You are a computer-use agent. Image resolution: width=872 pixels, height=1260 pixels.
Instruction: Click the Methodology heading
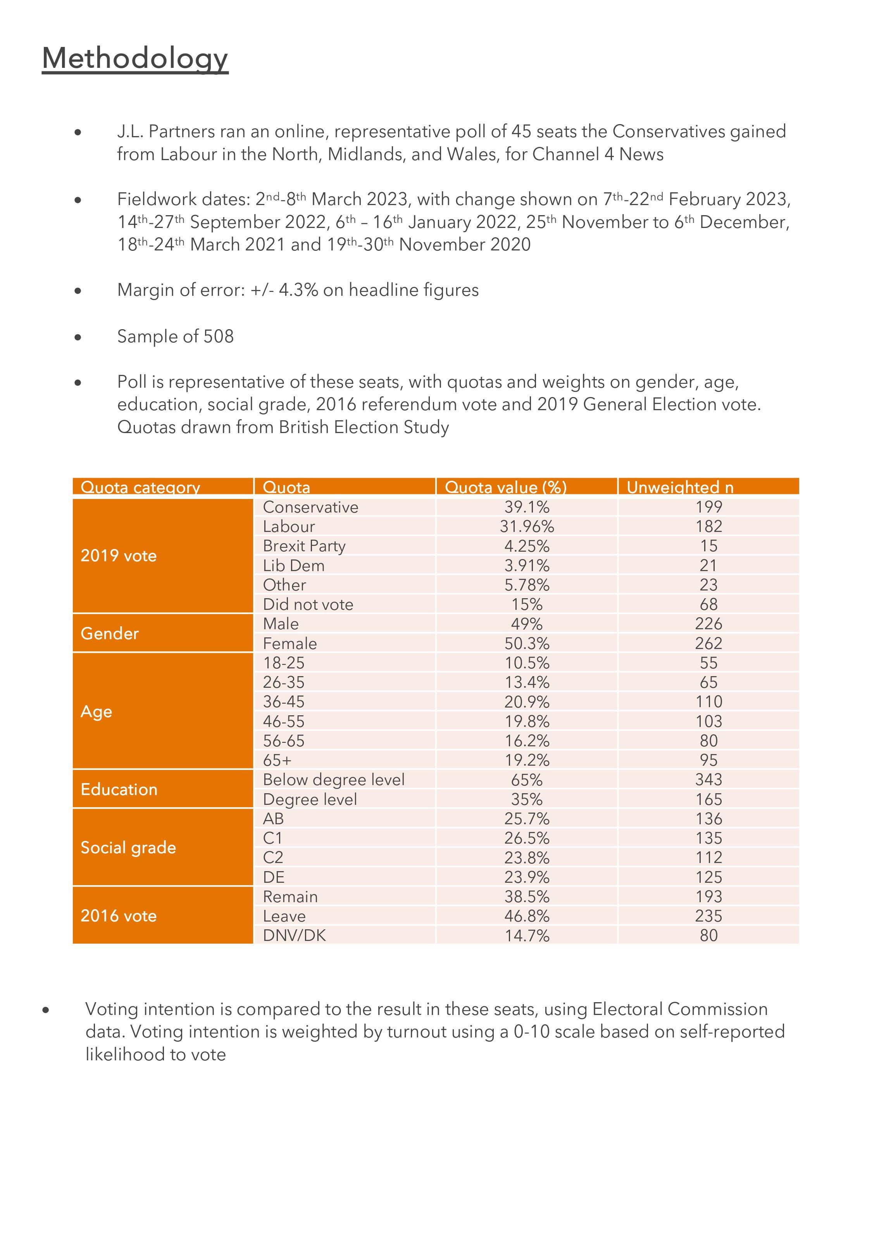[x=135, y=58]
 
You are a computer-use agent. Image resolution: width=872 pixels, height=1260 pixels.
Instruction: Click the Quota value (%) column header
[x=505, y=487]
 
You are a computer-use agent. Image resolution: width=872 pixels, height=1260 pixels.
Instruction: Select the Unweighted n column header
[x=680, y=487]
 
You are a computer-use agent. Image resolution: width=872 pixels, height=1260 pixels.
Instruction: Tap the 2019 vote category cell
[x=119, y=556]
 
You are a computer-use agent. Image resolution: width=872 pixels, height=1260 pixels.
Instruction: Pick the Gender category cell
[x=110, y=633]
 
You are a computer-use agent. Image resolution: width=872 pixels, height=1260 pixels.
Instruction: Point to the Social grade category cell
[x=128, y=847]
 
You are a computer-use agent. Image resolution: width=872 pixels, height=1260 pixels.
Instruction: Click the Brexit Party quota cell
[x=304, y=546]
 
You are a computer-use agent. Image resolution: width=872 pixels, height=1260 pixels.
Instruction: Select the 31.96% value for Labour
[x=527, y=526]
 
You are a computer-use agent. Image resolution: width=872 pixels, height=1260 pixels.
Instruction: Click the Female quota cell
[x=290, y=644]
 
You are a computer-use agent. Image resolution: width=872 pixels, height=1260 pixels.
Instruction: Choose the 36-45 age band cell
[x=284, y=702]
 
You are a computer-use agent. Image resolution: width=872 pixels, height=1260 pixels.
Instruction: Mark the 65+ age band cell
[x=277, y=760]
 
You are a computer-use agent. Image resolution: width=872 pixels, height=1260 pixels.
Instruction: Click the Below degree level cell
[x=333, y=780]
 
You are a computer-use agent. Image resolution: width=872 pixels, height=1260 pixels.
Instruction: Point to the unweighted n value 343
[x=708, y=780]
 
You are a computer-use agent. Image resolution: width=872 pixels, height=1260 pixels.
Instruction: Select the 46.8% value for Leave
[x=527, y=916]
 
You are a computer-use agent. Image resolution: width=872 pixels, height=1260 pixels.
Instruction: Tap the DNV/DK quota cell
[x=294, y=936]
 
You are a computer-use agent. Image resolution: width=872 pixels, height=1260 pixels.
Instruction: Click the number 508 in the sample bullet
[x=219, y=336]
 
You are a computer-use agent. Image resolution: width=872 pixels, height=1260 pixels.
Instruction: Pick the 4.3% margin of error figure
[x=298, y=290]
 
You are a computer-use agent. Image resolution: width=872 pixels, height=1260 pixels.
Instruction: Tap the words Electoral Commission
[x=680, y=1009]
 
